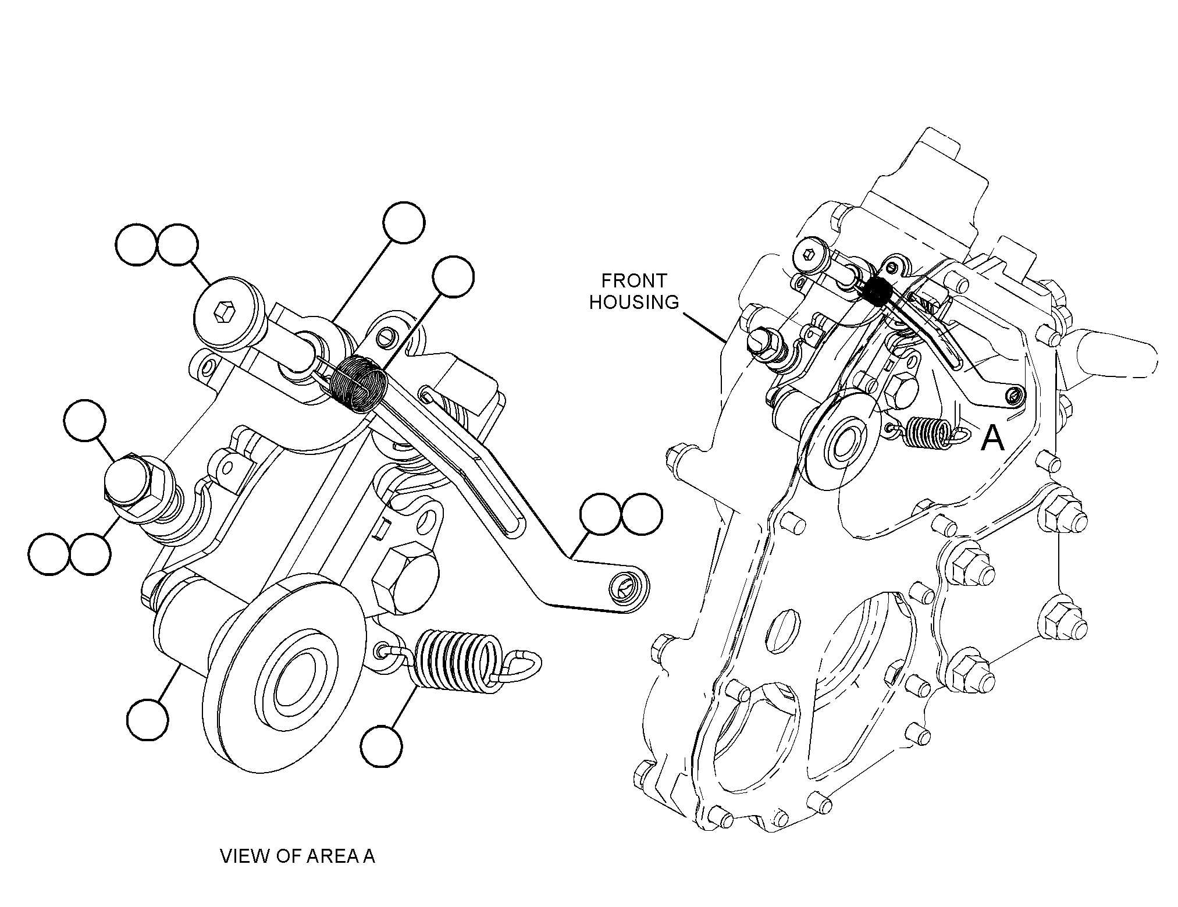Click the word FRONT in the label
(634, 281)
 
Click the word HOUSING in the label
(634, 303)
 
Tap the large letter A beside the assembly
(992, 438)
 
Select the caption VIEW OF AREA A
(297, 856)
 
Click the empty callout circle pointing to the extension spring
(381, 745)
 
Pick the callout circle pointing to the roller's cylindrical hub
(148, 720)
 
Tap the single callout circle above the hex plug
(85, 421)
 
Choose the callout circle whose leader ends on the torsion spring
(453, 277)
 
